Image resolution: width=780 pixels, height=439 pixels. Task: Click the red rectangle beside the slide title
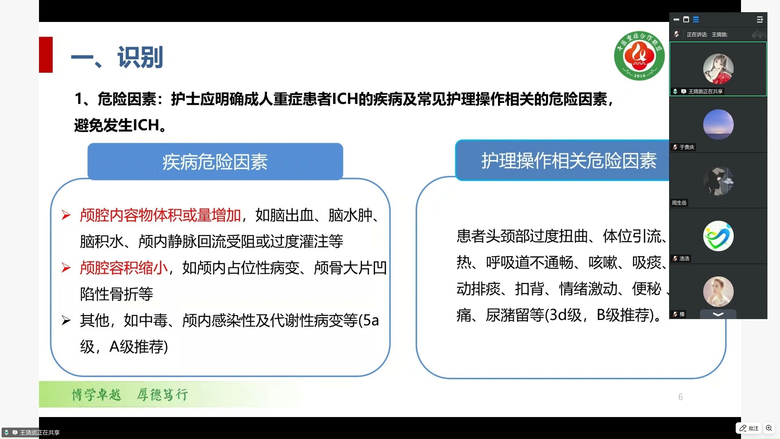point(46,54)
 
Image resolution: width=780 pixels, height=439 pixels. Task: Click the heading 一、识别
point(117,57)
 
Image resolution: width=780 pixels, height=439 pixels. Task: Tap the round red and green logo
point(639,56)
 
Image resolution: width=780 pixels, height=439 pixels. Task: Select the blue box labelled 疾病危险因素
point(215,161)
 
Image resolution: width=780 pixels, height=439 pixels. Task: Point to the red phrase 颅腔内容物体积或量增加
point(160,215)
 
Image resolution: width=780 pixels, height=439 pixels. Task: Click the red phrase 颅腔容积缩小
point(124,268)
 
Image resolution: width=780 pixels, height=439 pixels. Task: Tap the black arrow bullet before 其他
point(66,321)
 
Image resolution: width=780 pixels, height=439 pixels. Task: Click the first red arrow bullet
point(66,215)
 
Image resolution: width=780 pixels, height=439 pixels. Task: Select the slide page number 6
point(680,397)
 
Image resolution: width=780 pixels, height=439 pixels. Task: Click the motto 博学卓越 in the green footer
point(96,394)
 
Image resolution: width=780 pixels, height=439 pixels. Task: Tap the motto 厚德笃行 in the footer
point(162,394)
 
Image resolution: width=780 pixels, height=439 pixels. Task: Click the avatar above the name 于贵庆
point(718,124)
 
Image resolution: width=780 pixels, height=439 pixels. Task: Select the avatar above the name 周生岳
point(718,180)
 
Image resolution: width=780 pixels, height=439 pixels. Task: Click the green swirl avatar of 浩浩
point(718,236)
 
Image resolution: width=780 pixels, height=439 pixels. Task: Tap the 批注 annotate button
point(749,428)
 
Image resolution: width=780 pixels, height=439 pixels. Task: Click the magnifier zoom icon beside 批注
point(769,428)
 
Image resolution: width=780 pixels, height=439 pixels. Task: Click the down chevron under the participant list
point(718,314)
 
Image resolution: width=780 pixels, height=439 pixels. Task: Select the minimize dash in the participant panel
point(676,20)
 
